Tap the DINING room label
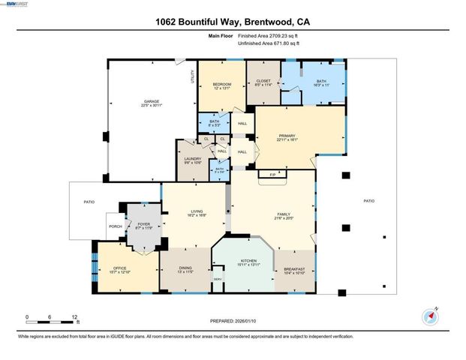click(x=185, y=268)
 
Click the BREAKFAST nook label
click(x=294, y=268)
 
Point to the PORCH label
click(x=116, y=226)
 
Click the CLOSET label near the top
click(x=263, y=80)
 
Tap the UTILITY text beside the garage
click(x=193, y=76)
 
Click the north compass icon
click(x=430, y=314)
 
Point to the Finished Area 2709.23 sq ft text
click(x=269, y=35)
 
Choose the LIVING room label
click(x=196, y=212)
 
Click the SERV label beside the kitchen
click(x=218, y=280)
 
